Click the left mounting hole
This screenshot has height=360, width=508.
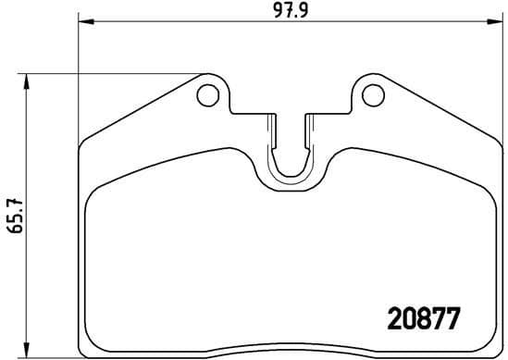208,94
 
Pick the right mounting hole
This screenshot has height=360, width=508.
370,94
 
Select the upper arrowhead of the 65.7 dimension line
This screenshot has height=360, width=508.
30,79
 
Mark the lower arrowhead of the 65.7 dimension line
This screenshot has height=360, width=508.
30,353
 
